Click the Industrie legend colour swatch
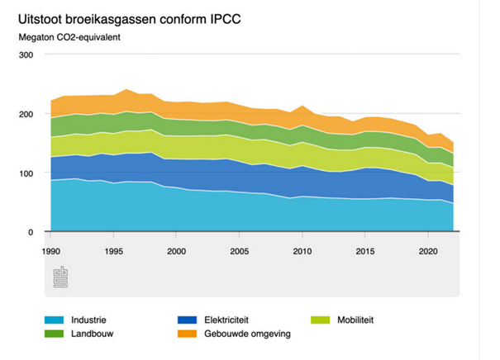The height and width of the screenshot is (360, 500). (55, 320)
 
